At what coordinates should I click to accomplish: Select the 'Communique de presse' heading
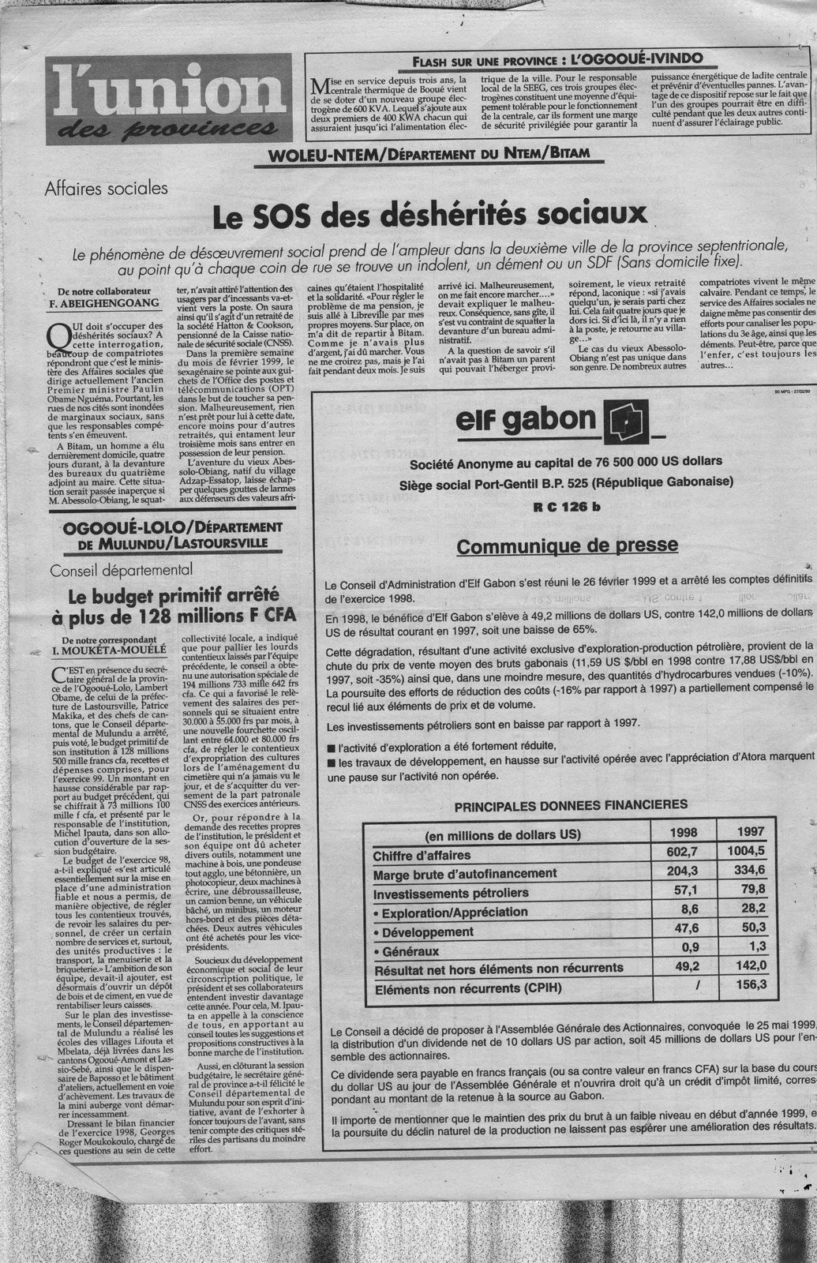(567, 545)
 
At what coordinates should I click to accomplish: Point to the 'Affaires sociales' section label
(107, 189)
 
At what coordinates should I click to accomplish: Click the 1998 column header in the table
(684, 832)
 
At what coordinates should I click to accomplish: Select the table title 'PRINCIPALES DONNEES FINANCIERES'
(570, 804)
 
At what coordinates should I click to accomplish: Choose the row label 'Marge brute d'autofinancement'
(465, 873)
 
